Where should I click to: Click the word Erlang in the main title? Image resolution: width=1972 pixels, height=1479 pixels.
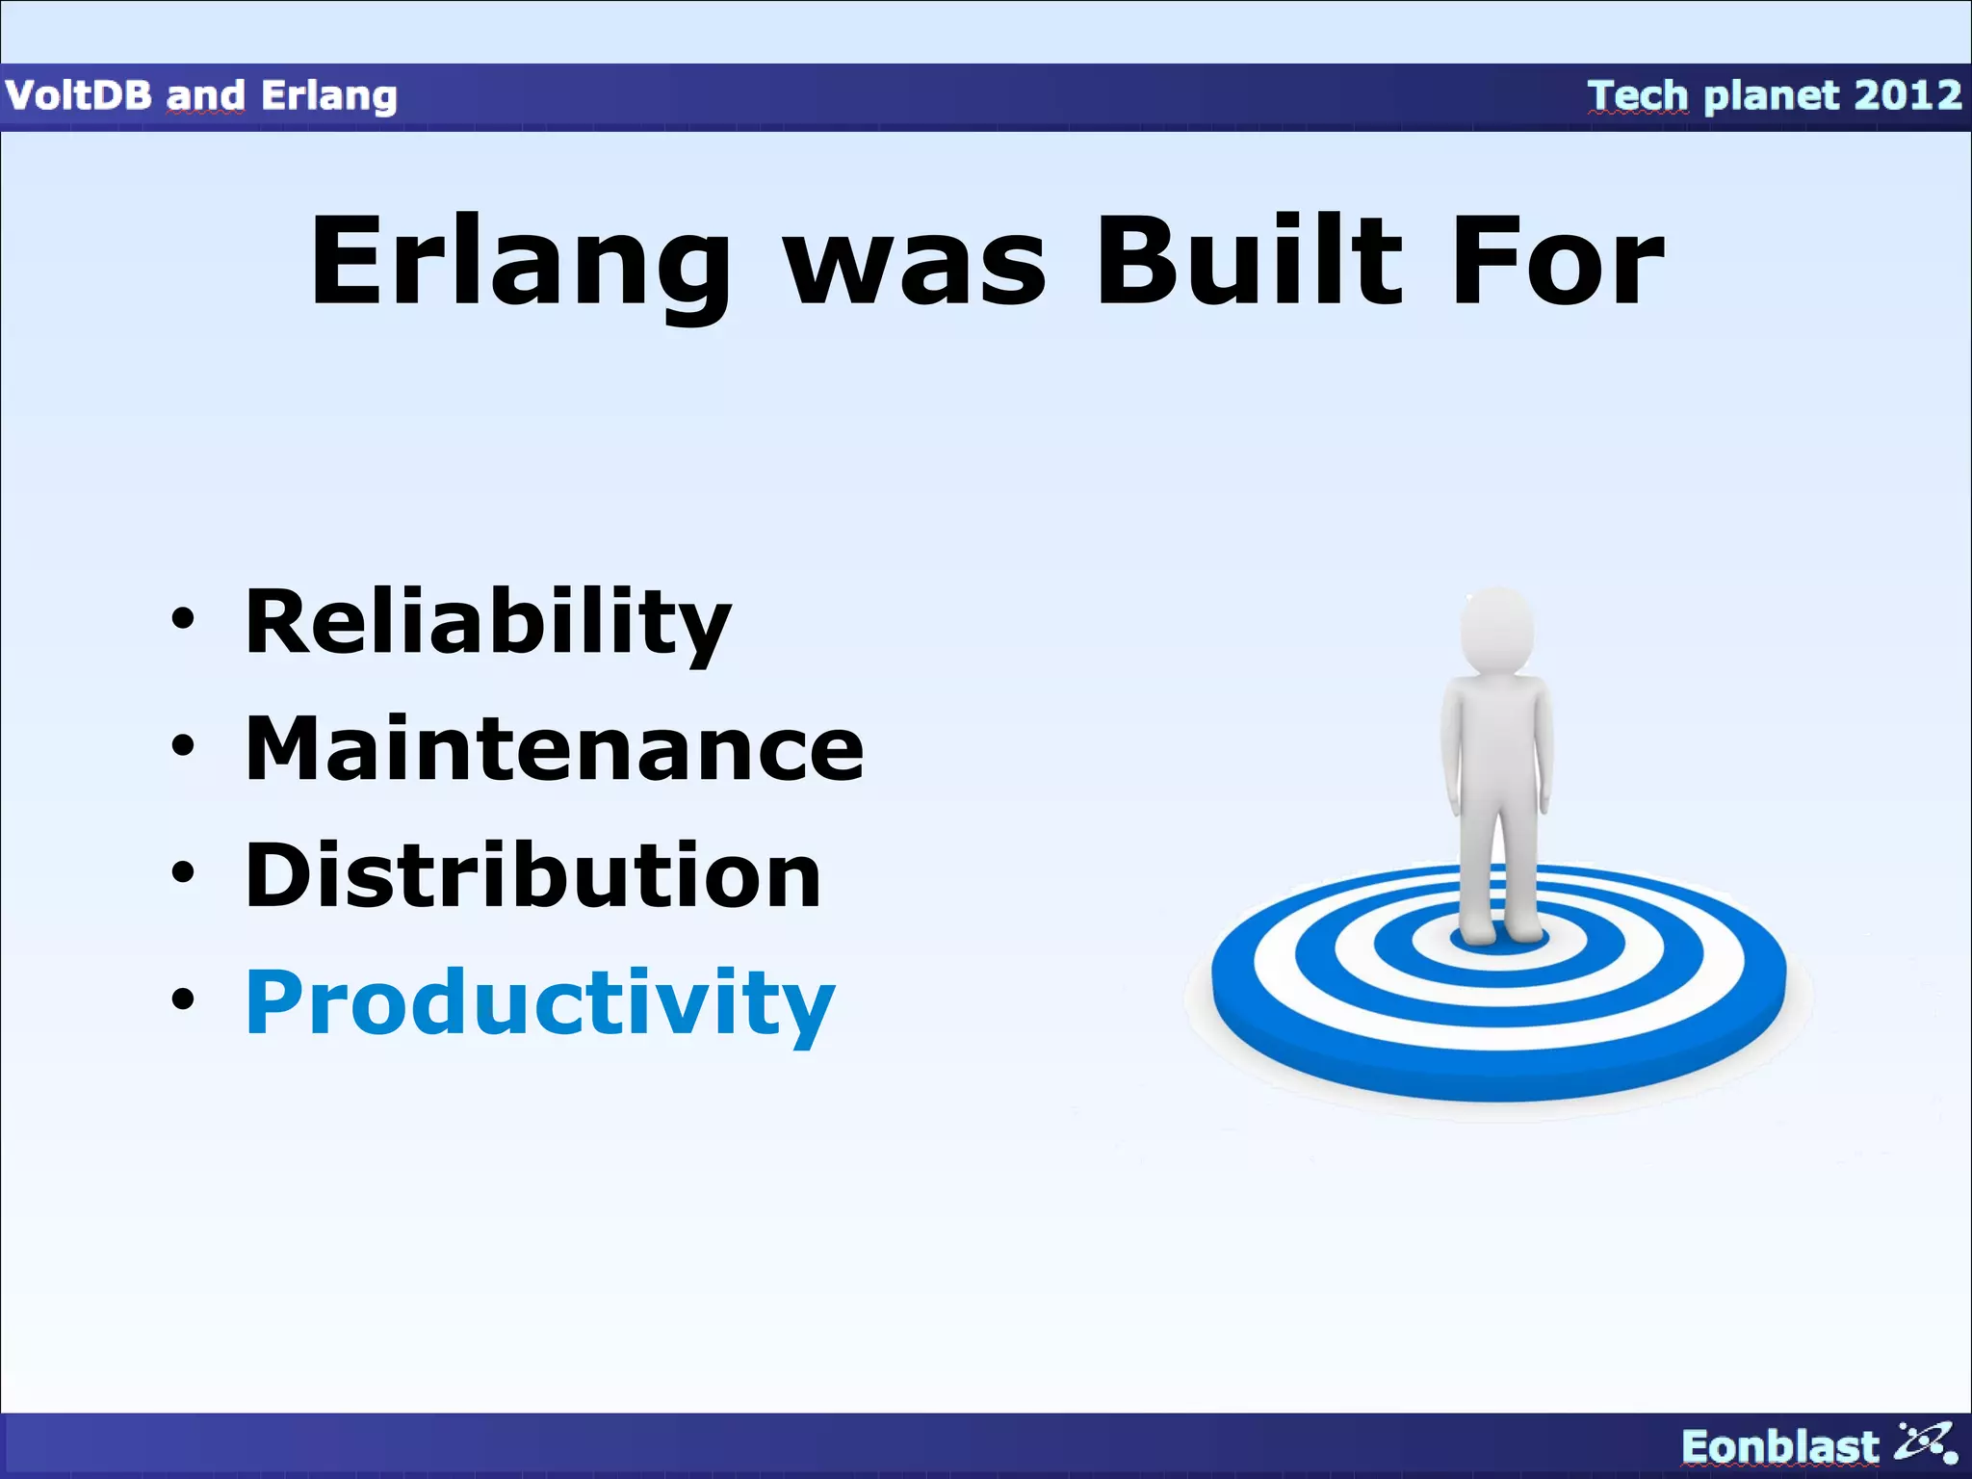click(520, 262)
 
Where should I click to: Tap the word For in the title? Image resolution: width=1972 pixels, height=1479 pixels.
click(1557, 262)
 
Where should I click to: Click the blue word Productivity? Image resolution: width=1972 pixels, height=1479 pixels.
click(539, 1002)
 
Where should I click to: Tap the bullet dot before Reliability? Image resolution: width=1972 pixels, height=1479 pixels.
click(182, 619)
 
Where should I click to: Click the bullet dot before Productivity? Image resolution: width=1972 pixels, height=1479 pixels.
click(182, 999)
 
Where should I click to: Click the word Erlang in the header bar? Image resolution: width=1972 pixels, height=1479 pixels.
click(328, 96)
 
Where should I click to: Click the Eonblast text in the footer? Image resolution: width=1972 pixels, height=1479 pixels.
click(1779, 1446)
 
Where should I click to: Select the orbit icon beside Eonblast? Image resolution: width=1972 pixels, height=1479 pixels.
click(1927, 1442)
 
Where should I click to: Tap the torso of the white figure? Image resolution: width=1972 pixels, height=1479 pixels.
click(1496, 741)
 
